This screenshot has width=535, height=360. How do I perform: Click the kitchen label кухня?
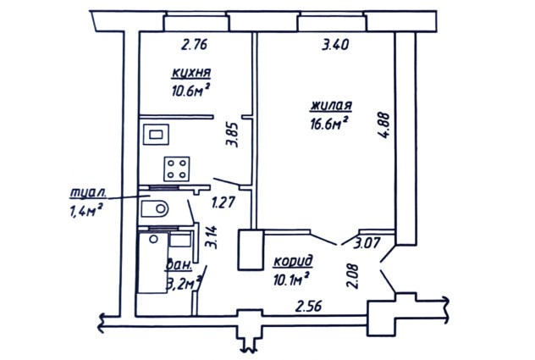191,73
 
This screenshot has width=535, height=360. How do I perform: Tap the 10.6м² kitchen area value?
190,91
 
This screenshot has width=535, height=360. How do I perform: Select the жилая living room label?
331,105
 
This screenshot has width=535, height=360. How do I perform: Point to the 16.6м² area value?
329,124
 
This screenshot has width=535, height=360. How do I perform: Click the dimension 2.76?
194,45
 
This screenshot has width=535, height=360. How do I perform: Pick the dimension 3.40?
335,45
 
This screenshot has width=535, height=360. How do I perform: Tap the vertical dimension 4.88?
383,125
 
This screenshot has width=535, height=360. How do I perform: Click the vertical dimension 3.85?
232,134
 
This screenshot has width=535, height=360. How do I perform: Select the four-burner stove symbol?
176,169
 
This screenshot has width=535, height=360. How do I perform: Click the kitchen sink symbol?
156,134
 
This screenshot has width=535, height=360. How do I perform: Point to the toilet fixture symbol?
155,208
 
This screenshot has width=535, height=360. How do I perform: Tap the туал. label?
88,193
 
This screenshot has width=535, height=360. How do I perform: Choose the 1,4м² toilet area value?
86,210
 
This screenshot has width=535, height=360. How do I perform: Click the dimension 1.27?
223,202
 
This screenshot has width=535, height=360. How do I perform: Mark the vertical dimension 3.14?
211,237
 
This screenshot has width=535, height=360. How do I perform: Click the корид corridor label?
293,262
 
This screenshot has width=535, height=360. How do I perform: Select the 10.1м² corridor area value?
291,280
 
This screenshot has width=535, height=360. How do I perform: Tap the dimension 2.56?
308,306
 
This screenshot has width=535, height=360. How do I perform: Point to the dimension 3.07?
367,243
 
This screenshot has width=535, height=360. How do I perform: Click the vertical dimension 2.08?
353,276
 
